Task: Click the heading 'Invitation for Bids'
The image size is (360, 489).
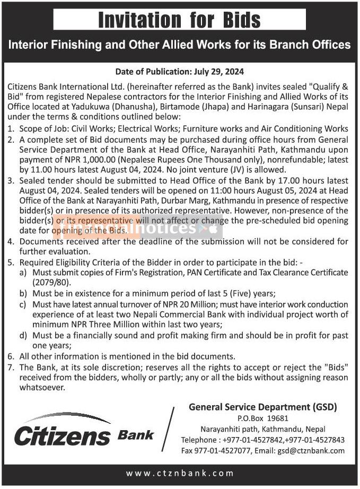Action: (180, 20)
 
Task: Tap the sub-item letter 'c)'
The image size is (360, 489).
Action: (23, 305)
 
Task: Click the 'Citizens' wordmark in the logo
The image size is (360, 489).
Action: (62, 436)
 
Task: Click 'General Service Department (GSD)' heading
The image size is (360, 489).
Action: (263, 407)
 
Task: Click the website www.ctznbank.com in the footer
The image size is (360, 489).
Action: (180, 473)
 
